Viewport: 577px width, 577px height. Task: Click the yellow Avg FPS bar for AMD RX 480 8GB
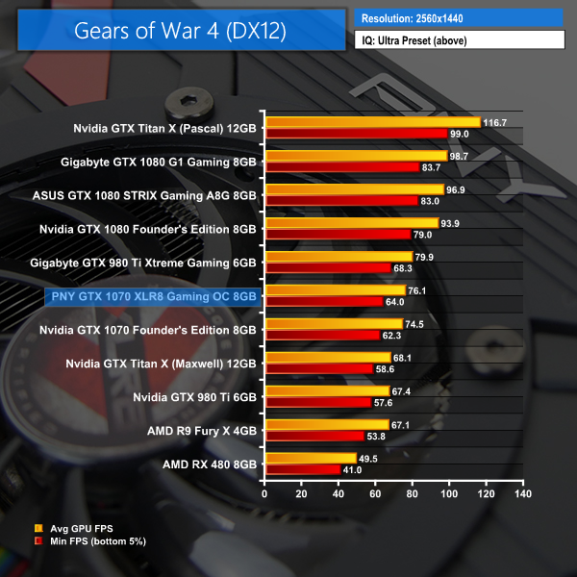pos(311,459)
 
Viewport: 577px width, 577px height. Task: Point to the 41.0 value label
pos(355,470)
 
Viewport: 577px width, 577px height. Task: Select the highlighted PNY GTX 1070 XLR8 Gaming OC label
pos(152,297)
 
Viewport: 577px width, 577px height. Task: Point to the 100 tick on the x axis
pos(449,493)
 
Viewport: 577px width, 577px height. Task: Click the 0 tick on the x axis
pos(265,493)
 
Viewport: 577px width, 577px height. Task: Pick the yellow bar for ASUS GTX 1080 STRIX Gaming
pos(354,189)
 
